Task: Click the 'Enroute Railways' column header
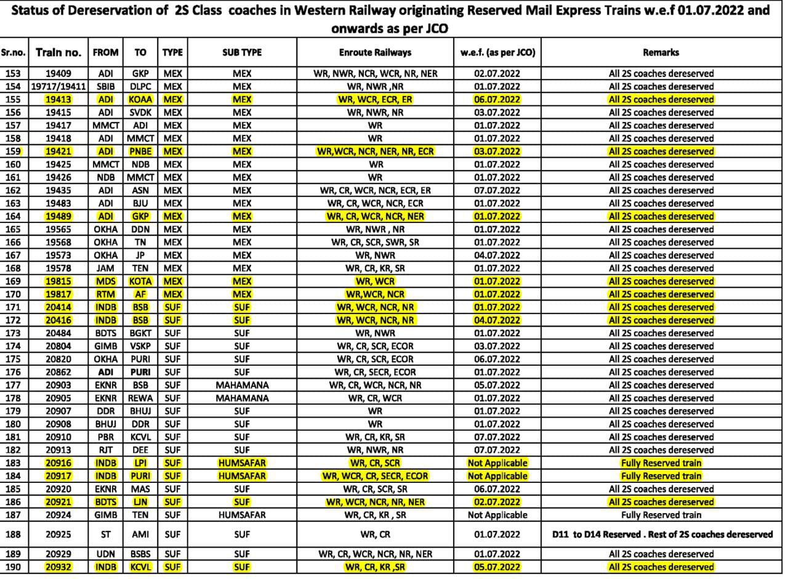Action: tap(375, 53)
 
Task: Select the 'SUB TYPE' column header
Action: tap(242, 53)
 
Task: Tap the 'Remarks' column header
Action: tap(661, 53)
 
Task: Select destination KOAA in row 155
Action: tap(140, 99)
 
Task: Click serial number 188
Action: tap(13, 535)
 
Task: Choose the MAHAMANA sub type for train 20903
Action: tap(242, 385)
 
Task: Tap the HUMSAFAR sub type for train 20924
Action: tap(242, 515)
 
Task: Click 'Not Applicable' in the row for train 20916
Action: tap(497, 463)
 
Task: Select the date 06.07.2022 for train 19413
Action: tap(497, 99)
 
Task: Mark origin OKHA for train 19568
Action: tap(105, 242)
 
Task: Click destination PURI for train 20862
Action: tap(140, 372)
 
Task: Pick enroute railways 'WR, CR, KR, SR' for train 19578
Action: tap(375, 268)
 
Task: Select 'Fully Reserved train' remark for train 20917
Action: tap(661, 476)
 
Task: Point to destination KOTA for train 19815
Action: tap(140, 281)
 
